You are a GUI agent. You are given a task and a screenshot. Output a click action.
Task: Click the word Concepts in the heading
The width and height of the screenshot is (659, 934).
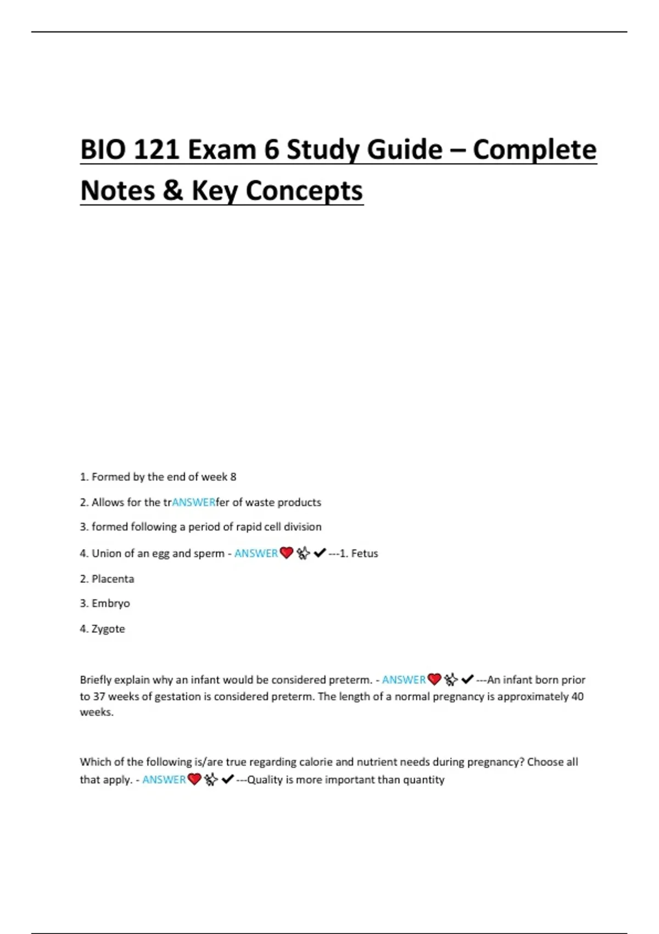pyautogui.click(x=304, y=191)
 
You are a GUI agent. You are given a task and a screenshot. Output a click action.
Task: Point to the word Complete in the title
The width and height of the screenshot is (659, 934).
pyautogui.click(x=534, y=149)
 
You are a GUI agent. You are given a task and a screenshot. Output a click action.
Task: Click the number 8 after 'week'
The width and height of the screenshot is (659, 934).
pyautogui.click(x=233, y=477)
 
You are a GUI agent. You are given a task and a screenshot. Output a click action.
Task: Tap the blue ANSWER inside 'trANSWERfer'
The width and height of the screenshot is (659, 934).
pyautogui.click(x=194, y=502)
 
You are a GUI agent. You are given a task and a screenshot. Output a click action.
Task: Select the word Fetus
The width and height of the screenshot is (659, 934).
pyautogui.click(x=365, y=553)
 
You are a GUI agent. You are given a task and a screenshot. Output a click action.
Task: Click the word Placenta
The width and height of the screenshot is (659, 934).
pyautogui.click(x=113, y=579)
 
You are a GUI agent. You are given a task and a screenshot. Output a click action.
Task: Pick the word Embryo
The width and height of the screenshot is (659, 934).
pyautogui.click(x=111, y=603)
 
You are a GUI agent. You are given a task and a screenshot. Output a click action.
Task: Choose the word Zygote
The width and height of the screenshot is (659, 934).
pyautogui.click(x=108, y=629)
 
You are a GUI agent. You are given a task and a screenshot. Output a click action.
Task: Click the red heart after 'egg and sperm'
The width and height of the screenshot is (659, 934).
pyautogui.click(x=286, y=553)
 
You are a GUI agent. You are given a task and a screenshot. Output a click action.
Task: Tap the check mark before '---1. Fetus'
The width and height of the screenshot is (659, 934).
pyautogui.click(x=320, y=553)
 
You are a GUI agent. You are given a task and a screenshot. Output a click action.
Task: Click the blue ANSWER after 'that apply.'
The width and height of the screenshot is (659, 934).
pyautogui.click(x=164, y=780)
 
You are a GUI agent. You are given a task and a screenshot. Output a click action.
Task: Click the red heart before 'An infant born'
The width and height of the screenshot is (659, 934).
pyautogui.click(x=434, y=679)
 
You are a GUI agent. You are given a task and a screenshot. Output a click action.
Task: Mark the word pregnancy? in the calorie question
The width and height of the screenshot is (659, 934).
pyautogui.click(x=496, y=762)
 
